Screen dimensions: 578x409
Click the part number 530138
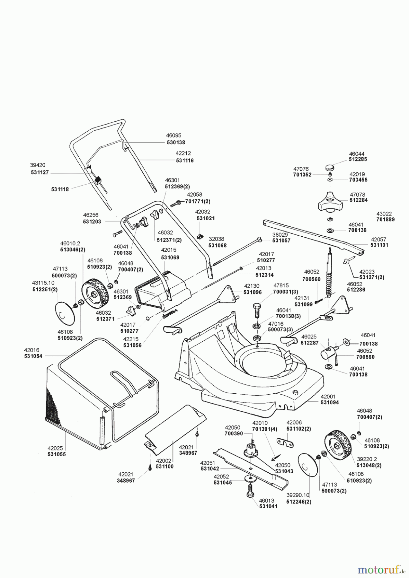click(x=176, y=142)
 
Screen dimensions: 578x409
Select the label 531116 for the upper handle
click(x=185, y=160)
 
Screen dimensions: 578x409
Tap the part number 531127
click(x=39, y=172)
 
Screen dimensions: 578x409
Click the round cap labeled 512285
click(x=329, y=167)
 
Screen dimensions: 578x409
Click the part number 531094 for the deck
click(x=330, y=402)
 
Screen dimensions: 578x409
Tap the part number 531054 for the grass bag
click(x=33, y=356)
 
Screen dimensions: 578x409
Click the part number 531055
click(x=57, y=455)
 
